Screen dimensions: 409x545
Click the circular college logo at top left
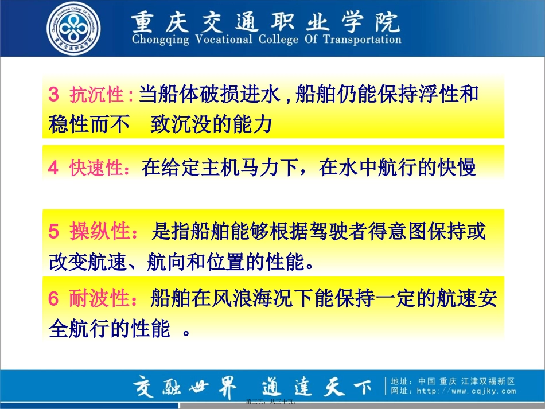pos(73,29)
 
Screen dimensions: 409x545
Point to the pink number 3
pos(53,95)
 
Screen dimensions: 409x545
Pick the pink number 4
pos(53,168)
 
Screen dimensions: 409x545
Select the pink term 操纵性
pos(98,232)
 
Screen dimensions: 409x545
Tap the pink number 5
pos(53,232)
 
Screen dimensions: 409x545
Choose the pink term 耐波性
pos(98,299)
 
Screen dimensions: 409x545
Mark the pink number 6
pos(53,299)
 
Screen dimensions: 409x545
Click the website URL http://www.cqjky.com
pos(465,392)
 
